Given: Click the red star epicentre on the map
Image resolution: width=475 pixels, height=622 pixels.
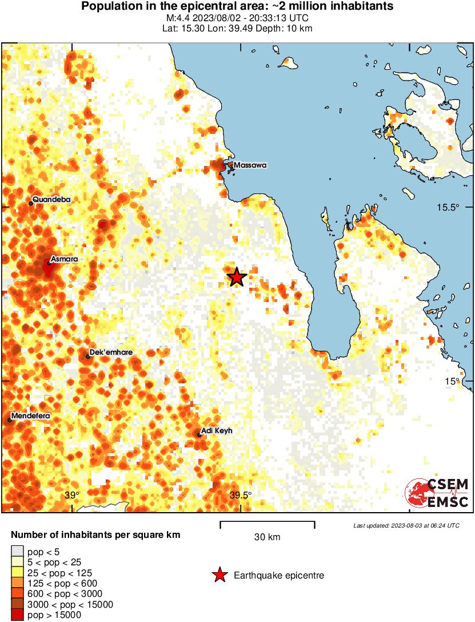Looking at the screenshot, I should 237,278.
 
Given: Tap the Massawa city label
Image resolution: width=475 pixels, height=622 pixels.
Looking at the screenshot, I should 250,165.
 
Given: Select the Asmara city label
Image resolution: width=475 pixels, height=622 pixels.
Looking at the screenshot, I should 64,259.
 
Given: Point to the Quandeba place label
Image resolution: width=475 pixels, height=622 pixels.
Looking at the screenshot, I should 51,199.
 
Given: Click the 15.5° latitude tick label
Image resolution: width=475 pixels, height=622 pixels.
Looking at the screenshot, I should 448,207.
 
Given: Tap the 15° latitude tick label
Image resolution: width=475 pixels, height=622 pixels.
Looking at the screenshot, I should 452,381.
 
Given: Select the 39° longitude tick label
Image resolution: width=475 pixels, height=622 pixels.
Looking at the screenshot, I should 71,495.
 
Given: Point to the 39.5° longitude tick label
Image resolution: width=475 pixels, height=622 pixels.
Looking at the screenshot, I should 240,495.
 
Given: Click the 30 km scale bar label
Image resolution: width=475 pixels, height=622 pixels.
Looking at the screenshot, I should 267,537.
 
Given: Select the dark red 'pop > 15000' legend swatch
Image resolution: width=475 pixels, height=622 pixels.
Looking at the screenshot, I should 17,615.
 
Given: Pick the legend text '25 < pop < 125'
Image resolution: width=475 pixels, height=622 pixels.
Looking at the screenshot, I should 59,573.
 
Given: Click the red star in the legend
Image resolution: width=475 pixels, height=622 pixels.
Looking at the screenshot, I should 219,575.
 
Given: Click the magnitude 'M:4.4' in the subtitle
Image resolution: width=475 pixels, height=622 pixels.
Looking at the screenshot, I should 174,18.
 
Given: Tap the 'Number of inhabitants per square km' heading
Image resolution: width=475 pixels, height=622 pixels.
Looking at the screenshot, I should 96,536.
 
